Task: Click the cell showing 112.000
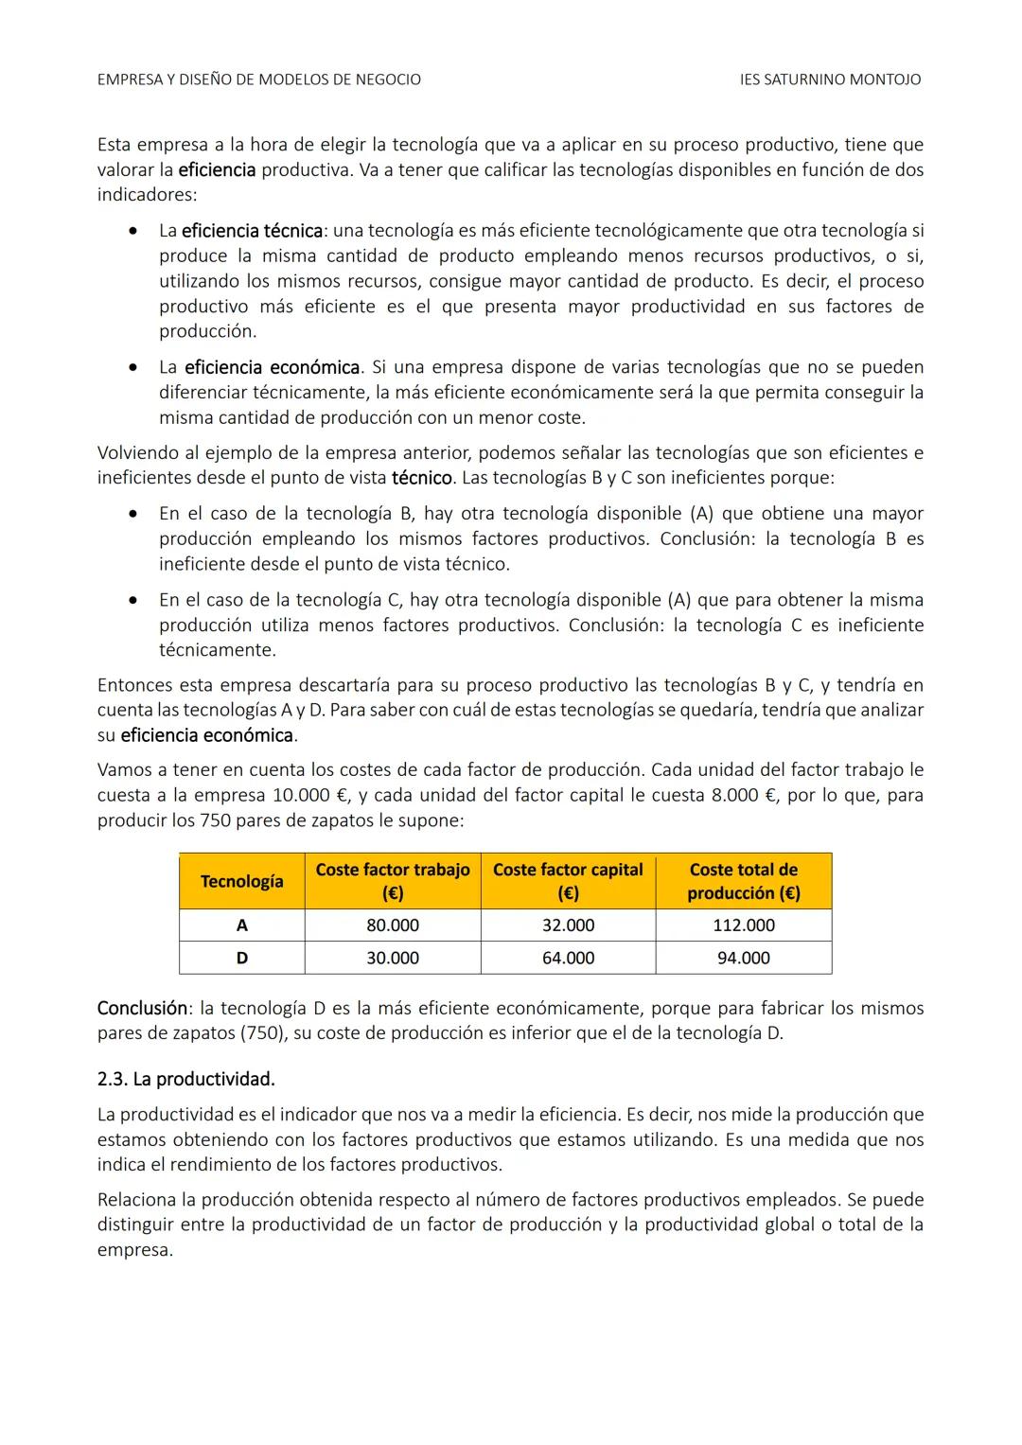point(743,925)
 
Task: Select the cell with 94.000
point(743,958)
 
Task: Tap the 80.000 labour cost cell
point(393,925)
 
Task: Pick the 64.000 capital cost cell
point(568,958)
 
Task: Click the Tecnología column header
point(241,881)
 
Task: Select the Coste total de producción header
point(743,881)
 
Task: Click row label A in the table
point(241,925)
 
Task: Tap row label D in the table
point(241,958)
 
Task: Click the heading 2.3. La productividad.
point(185,1079)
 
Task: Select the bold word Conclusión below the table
point(143,1008)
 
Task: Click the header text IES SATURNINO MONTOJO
point(830,79)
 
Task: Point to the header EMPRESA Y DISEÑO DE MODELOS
point(258,79)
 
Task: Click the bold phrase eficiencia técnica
point(252,231)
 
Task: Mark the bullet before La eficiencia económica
point(139,367)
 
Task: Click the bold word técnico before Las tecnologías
point(421,478)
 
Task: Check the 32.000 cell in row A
point(568,925)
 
